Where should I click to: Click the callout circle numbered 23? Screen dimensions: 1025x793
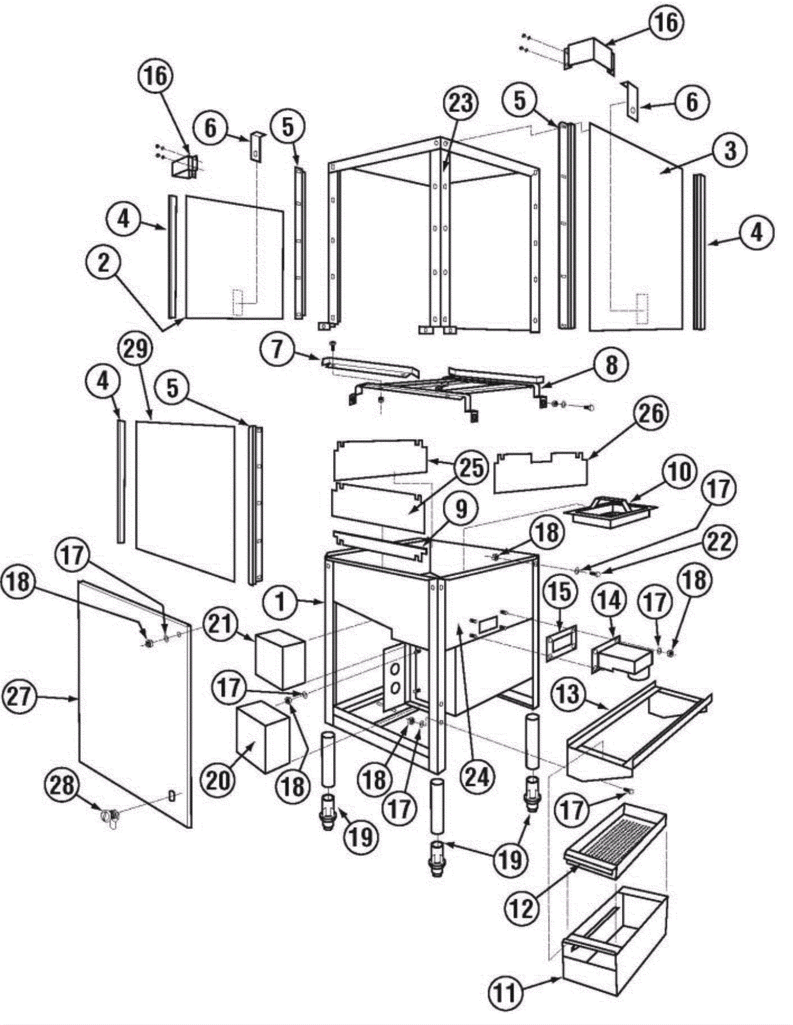point(460,103)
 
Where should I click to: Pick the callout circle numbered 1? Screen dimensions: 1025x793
point(281,602)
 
